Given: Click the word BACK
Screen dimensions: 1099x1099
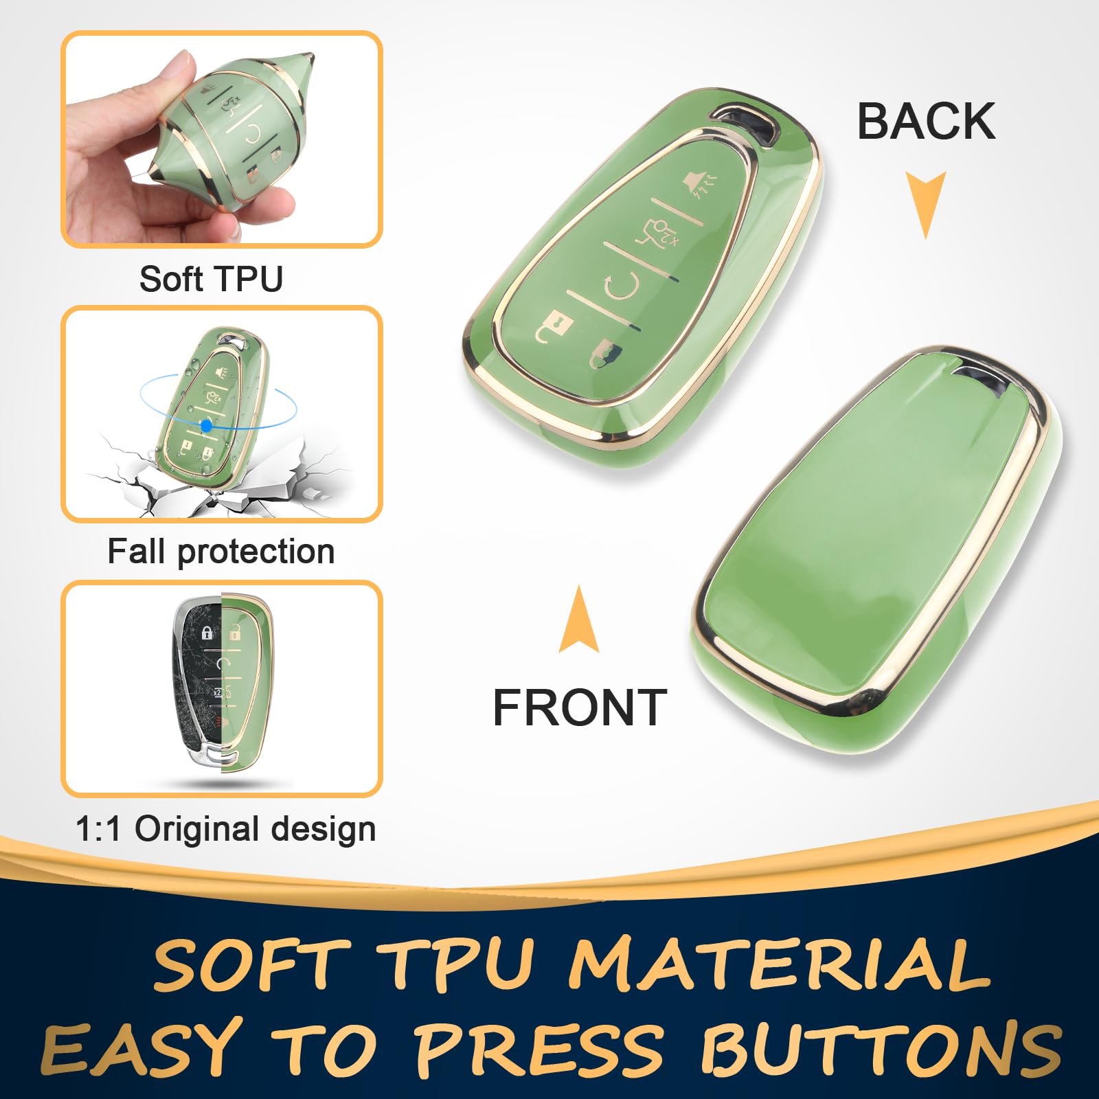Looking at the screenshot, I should coord(926,122).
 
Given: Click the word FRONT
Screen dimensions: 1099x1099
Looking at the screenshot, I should coord(580,707).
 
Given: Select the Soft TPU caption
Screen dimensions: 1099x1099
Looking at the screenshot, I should coord(211,279).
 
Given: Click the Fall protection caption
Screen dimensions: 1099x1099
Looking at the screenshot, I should coord(220,552).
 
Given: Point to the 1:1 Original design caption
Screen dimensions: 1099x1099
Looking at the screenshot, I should coord(225,828).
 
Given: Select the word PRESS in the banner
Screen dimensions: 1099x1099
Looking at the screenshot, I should coord(539,1048).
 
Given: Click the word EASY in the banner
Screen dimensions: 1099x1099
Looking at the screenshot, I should coord(141,1048).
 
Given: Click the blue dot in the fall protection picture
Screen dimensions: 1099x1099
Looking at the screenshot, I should coord(206,426).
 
